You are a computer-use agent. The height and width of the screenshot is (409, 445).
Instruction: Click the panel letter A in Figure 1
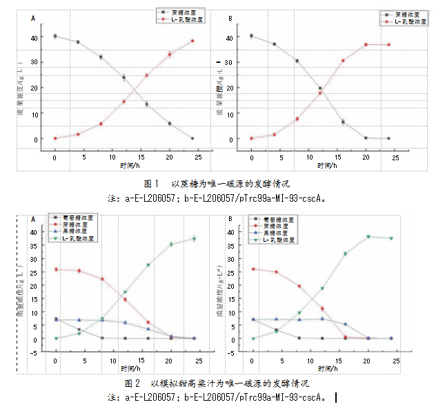click(33, 19)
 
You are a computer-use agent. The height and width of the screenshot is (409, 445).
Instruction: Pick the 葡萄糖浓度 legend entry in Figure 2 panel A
click(75, 218)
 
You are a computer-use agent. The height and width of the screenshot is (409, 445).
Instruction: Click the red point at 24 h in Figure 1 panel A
click(192, 41)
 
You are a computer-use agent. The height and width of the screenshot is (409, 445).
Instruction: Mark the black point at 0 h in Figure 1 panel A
click(55, 36)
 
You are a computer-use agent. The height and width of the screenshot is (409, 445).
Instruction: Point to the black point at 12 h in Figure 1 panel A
click(124, 77)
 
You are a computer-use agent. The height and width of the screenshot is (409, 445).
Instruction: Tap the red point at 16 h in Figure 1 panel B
click(343, 61)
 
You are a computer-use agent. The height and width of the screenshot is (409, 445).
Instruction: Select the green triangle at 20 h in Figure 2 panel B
click(368, 237)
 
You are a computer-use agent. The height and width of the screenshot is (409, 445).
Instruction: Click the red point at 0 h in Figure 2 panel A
click(56, 269)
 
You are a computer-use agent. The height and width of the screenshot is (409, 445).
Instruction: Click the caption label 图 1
click(151, 184)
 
